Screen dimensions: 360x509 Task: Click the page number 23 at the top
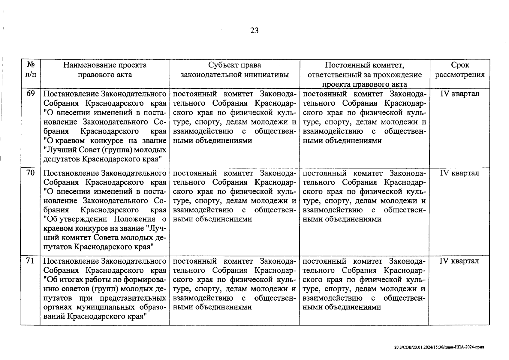pos(254,31)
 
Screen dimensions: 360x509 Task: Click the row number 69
pos(30,94)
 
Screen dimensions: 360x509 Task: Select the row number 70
pos(30,173)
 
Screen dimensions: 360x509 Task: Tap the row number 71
pos(30,261)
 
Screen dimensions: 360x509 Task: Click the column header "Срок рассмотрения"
pos(460,70)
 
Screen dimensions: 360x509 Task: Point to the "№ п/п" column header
pos(30,70)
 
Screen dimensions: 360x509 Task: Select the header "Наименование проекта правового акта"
pos(105,70)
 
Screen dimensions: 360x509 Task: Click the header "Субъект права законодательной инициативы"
pos(234,70)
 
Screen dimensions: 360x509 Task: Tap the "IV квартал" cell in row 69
pos(459,94)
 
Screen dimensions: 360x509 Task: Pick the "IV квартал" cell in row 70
pos(459,173)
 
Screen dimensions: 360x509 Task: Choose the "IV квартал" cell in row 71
pos(459,261)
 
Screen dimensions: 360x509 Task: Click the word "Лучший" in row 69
pos(57,150)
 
